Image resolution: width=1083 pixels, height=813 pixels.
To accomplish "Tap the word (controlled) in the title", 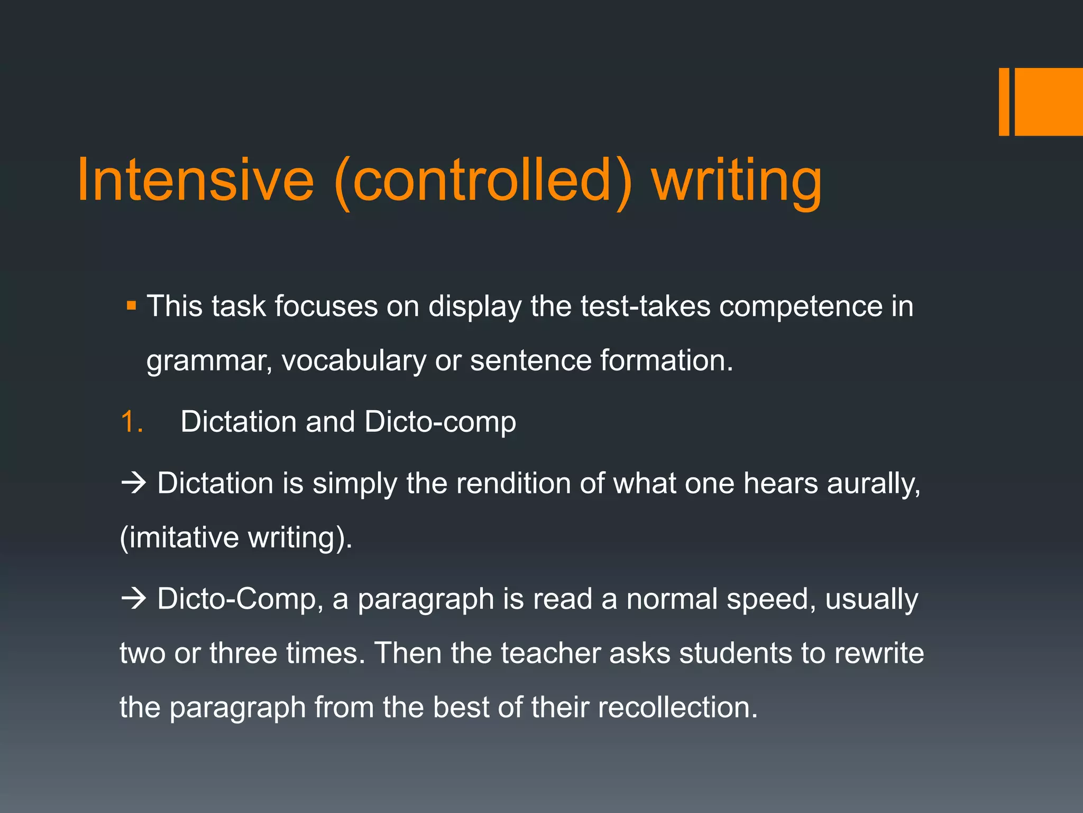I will (483, 181).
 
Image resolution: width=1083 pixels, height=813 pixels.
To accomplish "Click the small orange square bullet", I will (132, 306).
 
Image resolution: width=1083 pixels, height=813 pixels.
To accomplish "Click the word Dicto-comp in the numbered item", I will (440, 422).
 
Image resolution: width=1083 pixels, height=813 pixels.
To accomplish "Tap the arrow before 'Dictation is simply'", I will (133, 483).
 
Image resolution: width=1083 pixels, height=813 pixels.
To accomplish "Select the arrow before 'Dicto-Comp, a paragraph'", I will (133, 599).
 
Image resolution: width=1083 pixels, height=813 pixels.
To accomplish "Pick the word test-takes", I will (645, 306).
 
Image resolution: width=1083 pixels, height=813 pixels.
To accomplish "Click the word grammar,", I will (209, 362).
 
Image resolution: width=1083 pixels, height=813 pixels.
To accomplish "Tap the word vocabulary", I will (354, 362).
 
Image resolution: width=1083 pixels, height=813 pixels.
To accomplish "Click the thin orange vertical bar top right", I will (1004, 102).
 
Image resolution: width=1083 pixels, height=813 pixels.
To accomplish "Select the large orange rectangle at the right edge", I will (1049, 102).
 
